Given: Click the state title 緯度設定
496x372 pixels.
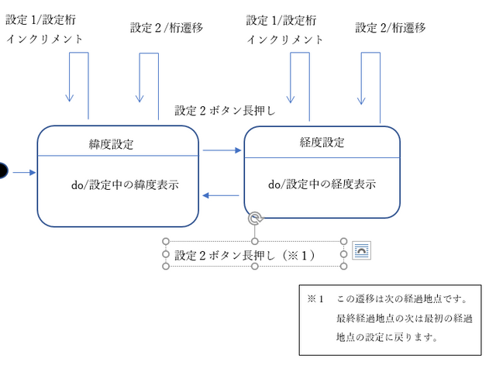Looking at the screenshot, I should pos(111,144).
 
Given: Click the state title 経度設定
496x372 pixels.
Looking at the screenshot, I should pos(322,143).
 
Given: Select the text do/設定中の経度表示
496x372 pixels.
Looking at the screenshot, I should pos(322,184).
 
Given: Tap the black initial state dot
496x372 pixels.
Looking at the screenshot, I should pos(2,170).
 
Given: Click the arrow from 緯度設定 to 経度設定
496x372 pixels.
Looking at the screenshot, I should pos(222,150).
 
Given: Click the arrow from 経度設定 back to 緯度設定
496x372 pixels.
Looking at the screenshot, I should pos(221,195).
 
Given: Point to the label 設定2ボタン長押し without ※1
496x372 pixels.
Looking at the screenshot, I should pos(226,110).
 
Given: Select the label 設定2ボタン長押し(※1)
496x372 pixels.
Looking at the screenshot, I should pos(244,254).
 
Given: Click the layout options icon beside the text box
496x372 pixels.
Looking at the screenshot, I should pos(362,250).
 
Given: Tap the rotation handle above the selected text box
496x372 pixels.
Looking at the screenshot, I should pos(256,220).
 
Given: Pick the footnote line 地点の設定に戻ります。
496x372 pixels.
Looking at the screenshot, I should pos(387,337).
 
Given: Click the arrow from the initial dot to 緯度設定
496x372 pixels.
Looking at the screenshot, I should pos(22,171).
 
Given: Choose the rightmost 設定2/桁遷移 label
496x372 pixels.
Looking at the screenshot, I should pos(391,28).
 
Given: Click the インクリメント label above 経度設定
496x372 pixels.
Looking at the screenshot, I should pos(284,40).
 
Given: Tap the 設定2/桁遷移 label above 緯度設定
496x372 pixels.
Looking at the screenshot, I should pos(167,28).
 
